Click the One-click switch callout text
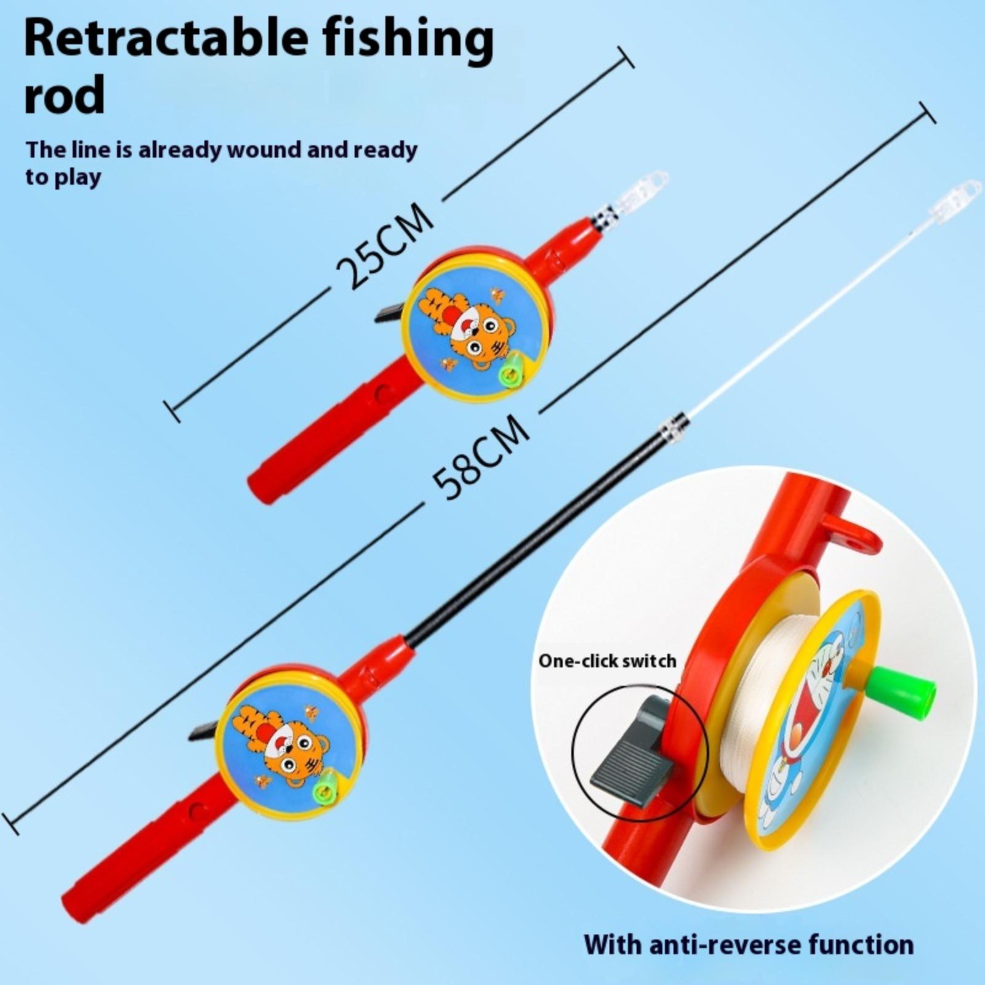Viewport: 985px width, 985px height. [607, 661]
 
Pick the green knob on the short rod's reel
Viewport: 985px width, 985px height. [510, 371]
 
